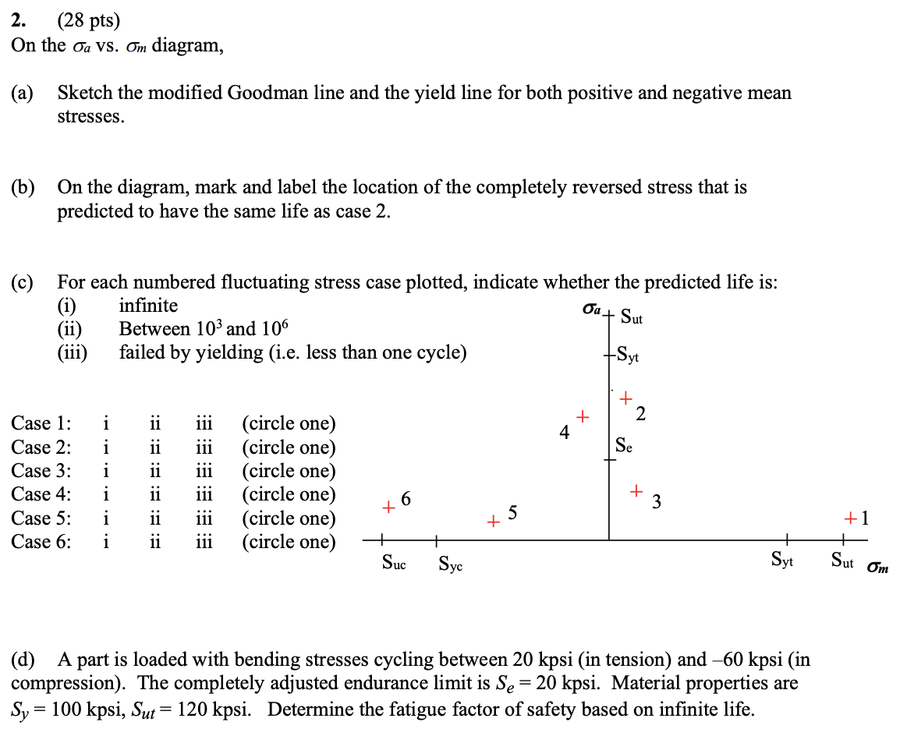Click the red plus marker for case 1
pos(850,518)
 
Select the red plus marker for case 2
pos(625,399)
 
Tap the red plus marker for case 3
pos(637,491)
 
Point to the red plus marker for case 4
pos(581,416)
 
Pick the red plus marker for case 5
pos(493,520)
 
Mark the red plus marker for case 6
pos(388,508)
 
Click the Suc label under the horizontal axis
pos(393,561)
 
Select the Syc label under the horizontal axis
pos(450,563)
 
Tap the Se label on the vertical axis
pos(624,445)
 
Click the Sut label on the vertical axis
pos(632,317)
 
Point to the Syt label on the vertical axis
pos(627,356)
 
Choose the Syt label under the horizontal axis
pos(782,560)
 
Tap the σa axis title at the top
pos(592,310)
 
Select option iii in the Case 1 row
pos(203,423)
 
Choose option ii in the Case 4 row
pos(154,494)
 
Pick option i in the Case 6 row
pos(105,542)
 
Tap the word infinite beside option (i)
pos(148,306)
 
